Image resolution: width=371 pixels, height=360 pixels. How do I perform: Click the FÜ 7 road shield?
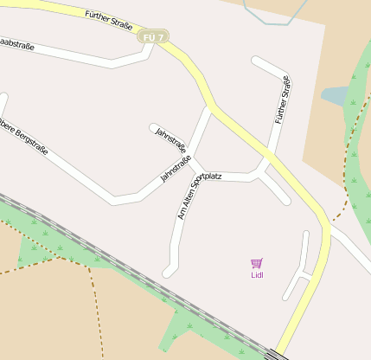click(x=152, y=36)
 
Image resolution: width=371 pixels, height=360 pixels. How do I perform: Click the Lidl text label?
click(x=257, y=275)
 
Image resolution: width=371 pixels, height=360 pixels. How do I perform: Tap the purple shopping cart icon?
click(x=257, y=263)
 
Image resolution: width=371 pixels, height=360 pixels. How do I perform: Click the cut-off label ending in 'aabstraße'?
click(x=17, y=43)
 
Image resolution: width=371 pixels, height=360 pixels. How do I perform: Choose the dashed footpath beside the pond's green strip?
click(x=349, y=156)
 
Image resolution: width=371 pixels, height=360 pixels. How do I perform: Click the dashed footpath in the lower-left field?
click(x=93, y=294)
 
